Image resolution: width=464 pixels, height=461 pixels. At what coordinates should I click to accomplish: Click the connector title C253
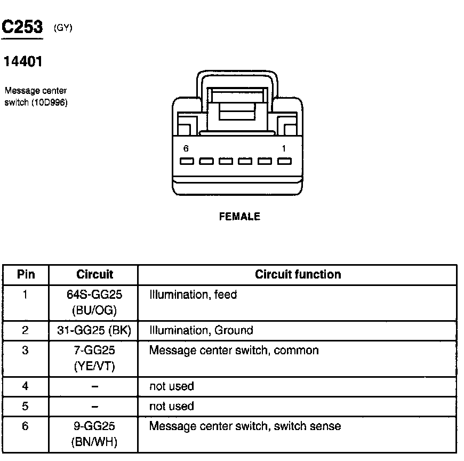(x=22, y=28)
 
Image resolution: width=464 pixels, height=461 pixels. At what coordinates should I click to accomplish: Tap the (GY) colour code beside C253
(x=63, y=29)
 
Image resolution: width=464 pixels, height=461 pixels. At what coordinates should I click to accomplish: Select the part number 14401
(x=23, y=62)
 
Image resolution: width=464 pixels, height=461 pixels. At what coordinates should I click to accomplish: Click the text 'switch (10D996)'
(x=35, y=102)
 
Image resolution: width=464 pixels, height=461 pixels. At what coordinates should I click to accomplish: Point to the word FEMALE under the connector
(x=239, y=217)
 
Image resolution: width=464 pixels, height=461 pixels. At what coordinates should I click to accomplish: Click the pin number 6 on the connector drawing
(x=186, y=149)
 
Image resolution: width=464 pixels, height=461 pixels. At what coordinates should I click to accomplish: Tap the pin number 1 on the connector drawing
(x=284, y=149)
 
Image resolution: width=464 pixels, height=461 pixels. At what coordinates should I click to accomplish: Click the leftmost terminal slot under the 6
(x=186, y=161)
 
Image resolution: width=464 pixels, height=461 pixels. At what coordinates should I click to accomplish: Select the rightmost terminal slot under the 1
(x=284, y=161)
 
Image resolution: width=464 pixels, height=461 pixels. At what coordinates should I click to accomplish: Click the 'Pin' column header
(x=26, y=275)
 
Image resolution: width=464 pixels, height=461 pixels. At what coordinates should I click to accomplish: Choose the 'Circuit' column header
(x=94, y=275)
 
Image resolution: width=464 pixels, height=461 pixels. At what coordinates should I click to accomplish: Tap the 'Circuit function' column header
(x=298, y=275)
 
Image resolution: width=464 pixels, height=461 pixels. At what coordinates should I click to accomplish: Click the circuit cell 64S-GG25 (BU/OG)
(x=94, y=302)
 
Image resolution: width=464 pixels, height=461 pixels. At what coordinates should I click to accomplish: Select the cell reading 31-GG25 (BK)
(x=94, y=330)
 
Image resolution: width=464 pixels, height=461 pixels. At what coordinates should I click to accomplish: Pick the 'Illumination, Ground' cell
(x=201, y=330)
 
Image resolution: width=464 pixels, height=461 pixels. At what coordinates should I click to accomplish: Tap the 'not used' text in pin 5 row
(x=171, y=406)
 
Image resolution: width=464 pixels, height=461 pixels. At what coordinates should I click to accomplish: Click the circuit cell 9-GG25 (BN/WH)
(x=94, y=434)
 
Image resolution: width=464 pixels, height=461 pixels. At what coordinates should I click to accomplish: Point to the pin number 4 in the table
(x=25, y=386)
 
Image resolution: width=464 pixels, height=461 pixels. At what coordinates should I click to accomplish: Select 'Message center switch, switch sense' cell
(x=245, y=426)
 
